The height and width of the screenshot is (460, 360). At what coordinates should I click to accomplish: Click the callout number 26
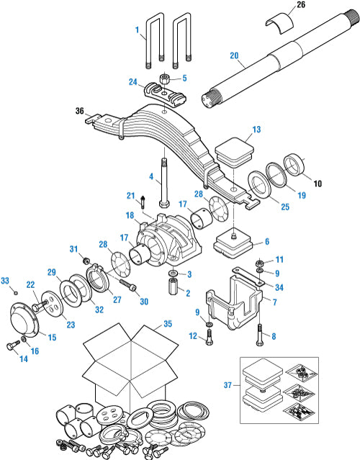click(x=301, y=5)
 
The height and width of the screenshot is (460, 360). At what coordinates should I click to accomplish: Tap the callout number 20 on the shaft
click(x=234, y=55)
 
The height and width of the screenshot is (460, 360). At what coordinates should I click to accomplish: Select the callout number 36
click(x=79, y=111)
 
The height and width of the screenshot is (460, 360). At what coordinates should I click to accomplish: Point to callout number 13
click(x=256, y=130)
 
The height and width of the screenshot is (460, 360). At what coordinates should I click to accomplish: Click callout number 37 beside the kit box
click(x=228, y=385)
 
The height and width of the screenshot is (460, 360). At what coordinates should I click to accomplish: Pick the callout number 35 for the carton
click(x=168, y=324)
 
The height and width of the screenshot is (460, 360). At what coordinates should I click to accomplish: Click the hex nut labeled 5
click(x=165, y=78)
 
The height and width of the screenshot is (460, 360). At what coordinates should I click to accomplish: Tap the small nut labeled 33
click(x=16, y=292)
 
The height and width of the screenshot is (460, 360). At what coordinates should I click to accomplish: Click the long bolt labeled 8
click(x=260, y=335)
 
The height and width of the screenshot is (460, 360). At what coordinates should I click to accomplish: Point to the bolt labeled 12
click(x=210, y=337)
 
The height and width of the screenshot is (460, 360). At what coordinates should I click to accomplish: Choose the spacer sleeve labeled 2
click(x=173, y=287)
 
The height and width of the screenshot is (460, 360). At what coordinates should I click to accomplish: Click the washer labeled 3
click(x=173, y=274)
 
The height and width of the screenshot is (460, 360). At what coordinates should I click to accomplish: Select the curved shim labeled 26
click(x=279, y=23)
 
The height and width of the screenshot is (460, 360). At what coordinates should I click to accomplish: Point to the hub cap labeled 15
click(x=24, y=321)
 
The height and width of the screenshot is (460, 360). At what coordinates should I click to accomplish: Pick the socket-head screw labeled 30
click(x=128, y=285)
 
